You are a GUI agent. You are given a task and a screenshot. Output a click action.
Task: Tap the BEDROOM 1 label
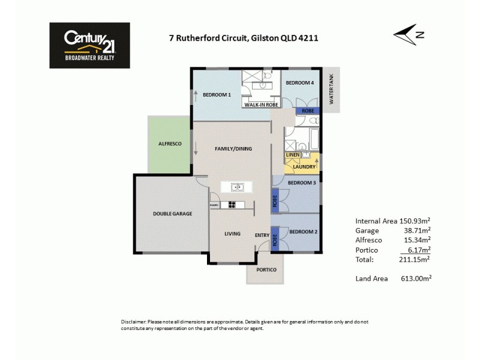click(x=217, y=95)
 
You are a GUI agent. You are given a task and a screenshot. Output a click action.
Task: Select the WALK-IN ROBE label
click(x=262, y=104)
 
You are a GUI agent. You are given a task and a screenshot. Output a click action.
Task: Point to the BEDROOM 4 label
click(x=299, y=83)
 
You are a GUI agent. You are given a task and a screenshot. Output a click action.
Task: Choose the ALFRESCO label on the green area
click(x=170, y=144)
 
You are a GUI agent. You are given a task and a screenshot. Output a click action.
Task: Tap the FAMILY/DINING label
click(x=233, y=148)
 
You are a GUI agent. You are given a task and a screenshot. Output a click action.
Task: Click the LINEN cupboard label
click(x=292, y=155)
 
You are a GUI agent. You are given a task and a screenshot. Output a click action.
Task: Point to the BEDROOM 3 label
click(x=302, y=183)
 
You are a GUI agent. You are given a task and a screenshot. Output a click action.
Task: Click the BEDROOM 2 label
click(x=303, y=232)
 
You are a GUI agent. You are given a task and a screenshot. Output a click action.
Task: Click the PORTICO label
click(x=266, y=270)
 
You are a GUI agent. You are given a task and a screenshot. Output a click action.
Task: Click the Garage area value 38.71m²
click(x=417, y=230)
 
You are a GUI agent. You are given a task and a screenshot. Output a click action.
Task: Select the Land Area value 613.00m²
click(x=415, y=278)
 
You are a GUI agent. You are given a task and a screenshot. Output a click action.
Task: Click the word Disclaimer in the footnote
click(x=133, y=322)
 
